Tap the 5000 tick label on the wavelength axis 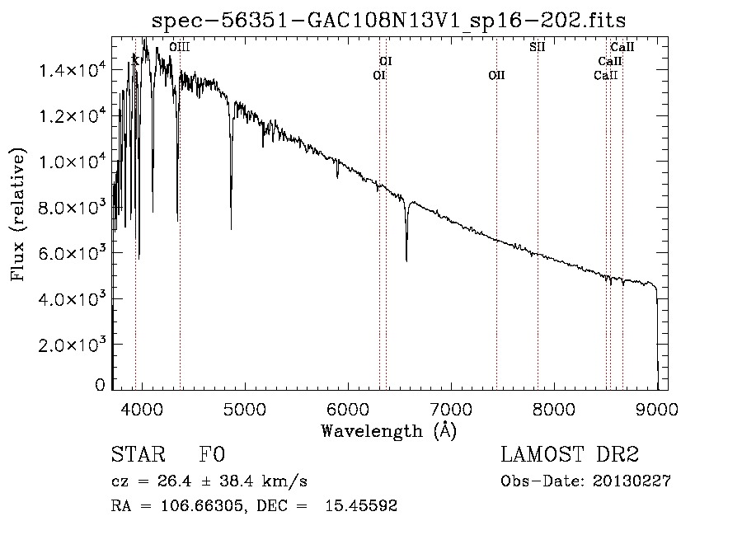[x=245, y=407]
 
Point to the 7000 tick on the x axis [x=451, y=407]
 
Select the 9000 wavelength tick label [x=658, y=407]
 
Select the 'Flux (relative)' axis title [x=18, y=214]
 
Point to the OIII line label [x=179, y=48]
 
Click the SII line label [x=537, y=47]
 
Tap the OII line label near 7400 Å [x=496, y=76]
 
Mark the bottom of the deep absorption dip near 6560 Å [x=406, y=260]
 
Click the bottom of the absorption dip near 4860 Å [x=231, y=228]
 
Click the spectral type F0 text [x=212, y=456]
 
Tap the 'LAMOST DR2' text [x=570, y=456]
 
